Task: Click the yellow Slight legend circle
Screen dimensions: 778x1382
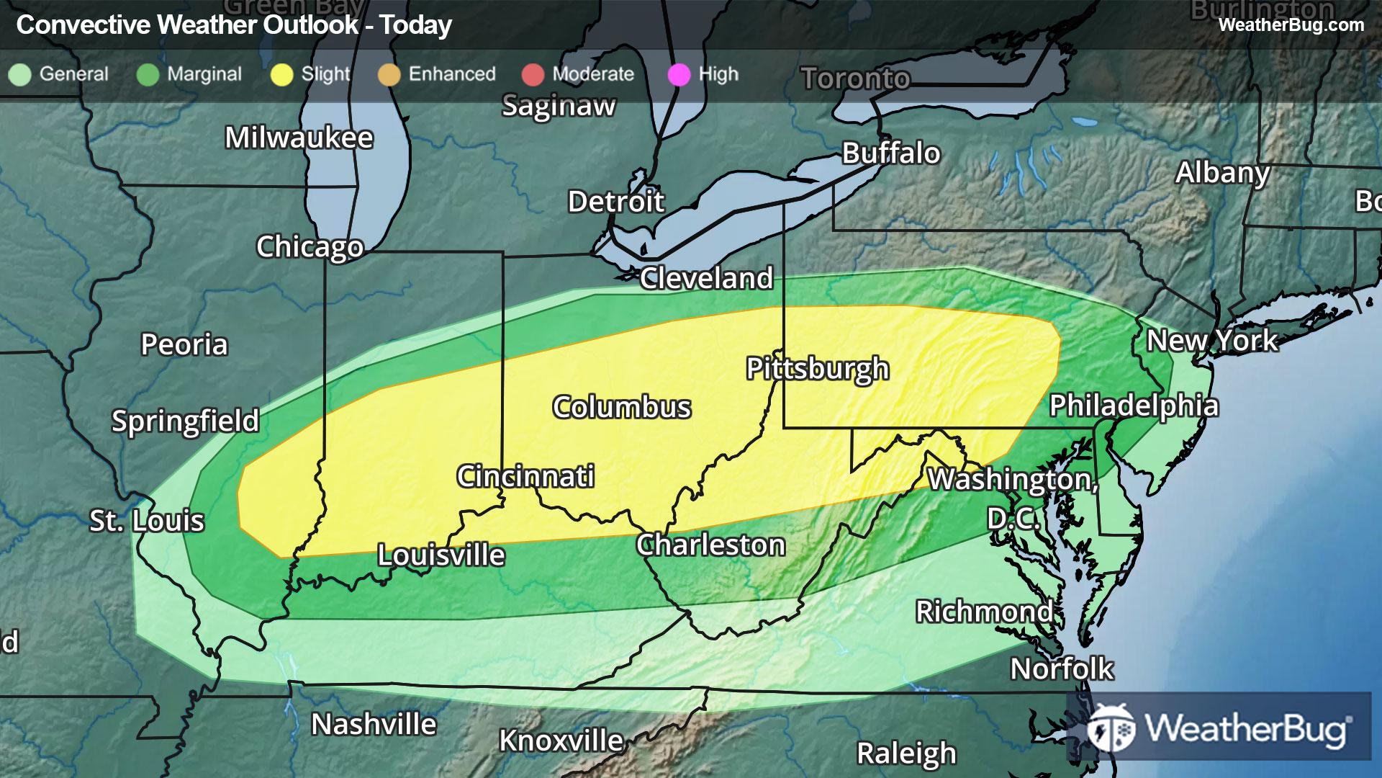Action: [x=281, y=75]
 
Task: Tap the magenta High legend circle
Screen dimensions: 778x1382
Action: [x=679, y=75]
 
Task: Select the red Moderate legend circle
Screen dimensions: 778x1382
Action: [x=533, y=75]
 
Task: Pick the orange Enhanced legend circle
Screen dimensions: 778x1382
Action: [x=389, y=75]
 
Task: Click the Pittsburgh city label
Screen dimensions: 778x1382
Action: [x=818, y=369]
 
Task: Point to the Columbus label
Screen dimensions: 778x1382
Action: [x=622, y=408]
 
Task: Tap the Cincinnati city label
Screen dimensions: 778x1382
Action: [x=525, y=476]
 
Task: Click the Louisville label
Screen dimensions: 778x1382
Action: [x=441, y=555]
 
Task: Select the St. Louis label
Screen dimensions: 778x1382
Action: [x=147, y=521]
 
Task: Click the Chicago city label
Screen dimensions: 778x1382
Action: [x=310, y=247]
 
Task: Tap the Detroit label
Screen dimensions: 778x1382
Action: [x=615, y=202]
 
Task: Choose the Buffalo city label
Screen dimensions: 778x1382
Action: [x=891, y=153]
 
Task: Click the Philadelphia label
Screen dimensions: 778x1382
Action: [x=1134, y=406]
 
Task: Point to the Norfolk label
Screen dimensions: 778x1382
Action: [x=1062, y=669]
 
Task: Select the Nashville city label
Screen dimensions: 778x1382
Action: [x=374, y=725]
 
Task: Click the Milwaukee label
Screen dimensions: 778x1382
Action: [x=299, y=138]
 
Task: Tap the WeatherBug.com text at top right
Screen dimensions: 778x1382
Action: [x=1291, y=25]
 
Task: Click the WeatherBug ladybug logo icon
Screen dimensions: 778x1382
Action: [x=1111, y=728]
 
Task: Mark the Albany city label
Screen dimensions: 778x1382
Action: [x=1222, y=173]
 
